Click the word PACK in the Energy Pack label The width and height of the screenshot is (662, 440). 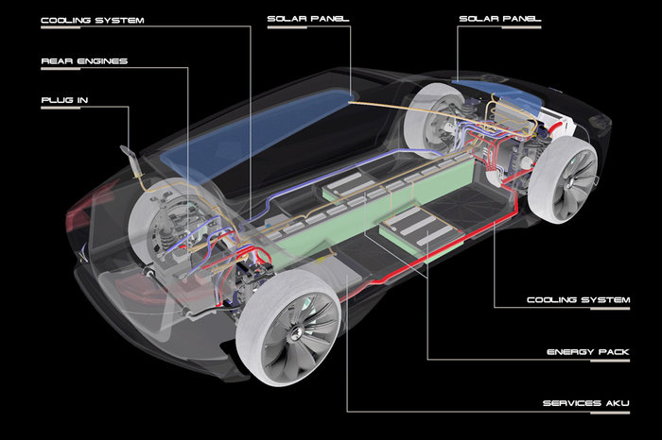pyautogui.click(x=615, y=352)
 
